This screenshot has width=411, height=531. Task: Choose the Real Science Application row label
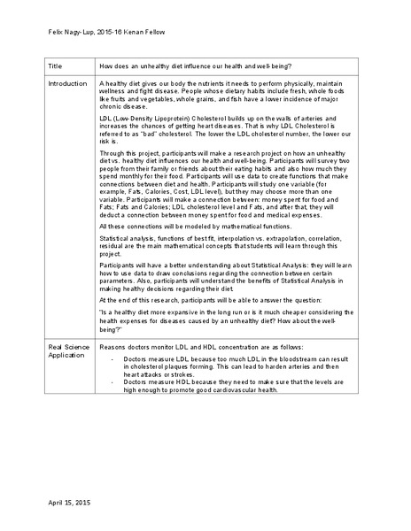pos(68,350)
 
